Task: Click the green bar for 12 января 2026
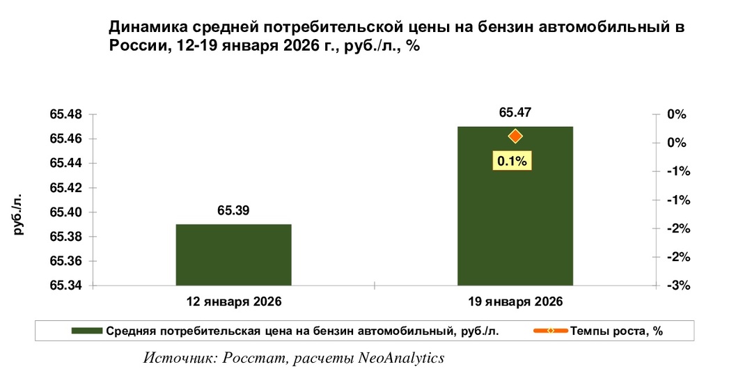pos(233,255)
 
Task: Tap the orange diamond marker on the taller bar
pos(515,136)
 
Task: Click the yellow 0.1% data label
pos(513,161)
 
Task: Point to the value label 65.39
pos(233,210)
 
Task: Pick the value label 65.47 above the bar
pos(515,112)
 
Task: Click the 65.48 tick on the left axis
pos(65,115)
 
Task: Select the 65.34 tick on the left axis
pos(65,285)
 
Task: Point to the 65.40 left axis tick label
pos(65,212)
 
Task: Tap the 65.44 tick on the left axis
pos(65,164)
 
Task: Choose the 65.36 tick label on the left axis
pos(65,261)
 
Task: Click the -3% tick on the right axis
pos(677,285)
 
